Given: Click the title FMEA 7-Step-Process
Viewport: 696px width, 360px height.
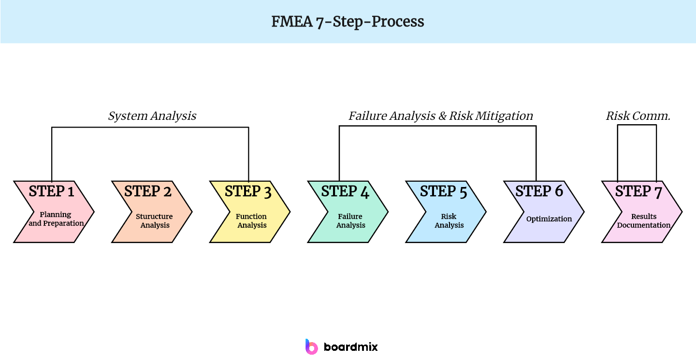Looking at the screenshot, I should (348, 22).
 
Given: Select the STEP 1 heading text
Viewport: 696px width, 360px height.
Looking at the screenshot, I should (51, 191).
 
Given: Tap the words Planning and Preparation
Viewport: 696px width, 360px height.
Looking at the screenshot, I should (56, 219).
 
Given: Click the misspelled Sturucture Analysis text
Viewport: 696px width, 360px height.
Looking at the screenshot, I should (154, 221).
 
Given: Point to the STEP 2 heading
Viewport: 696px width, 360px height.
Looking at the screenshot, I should (148, 191).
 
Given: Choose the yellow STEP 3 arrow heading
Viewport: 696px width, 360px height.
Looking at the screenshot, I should (248, 191).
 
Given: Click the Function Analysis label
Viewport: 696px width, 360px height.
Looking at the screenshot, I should (251, 221).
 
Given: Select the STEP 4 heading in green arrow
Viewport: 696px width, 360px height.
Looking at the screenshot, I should (345, 191).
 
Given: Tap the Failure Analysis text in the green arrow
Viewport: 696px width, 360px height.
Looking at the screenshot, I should (350, 221).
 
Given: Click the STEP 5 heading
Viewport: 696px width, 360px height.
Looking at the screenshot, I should (444, 191).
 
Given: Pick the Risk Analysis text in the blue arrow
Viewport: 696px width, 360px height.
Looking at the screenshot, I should (449, 221).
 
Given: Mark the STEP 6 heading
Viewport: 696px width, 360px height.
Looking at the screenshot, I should (539, 191).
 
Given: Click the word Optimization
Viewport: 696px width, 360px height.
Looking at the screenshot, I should (549, 219).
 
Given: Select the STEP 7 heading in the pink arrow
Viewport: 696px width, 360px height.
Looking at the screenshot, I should (638, 191).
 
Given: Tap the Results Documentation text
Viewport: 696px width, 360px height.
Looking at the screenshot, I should (644, 221).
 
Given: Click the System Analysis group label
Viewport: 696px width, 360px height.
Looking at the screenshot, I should (152, 116).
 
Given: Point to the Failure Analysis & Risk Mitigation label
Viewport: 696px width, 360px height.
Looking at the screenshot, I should (441, 116).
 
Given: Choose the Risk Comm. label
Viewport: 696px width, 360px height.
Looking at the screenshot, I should (638, 116).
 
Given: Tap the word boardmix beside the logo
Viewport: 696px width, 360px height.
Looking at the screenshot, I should (350, 347).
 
